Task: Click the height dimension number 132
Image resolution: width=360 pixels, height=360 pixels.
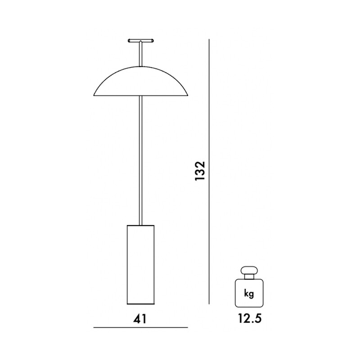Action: click(201, 171)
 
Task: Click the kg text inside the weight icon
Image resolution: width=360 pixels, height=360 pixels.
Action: click(248, 294)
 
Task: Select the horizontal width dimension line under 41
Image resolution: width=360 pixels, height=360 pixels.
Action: click(140, 328)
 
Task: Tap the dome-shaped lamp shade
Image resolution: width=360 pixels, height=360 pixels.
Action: click(140, 83)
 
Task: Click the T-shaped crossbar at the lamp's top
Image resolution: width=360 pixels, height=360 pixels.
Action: click(140, 40)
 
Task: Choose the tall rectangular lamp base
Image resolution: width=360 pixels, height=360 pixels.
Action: click(140, 263)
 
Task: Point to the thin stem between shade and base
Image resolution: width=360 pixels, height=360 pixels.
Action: click(141, 162)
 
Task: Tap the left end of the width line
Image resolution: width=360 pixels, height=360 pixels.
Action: click(94, 328)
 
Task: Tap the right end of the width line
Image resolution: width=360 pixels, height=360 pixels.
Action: click(187, 328)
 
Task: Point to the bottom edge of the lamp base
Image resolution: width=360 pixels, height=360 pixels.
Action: click(140, 302)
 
